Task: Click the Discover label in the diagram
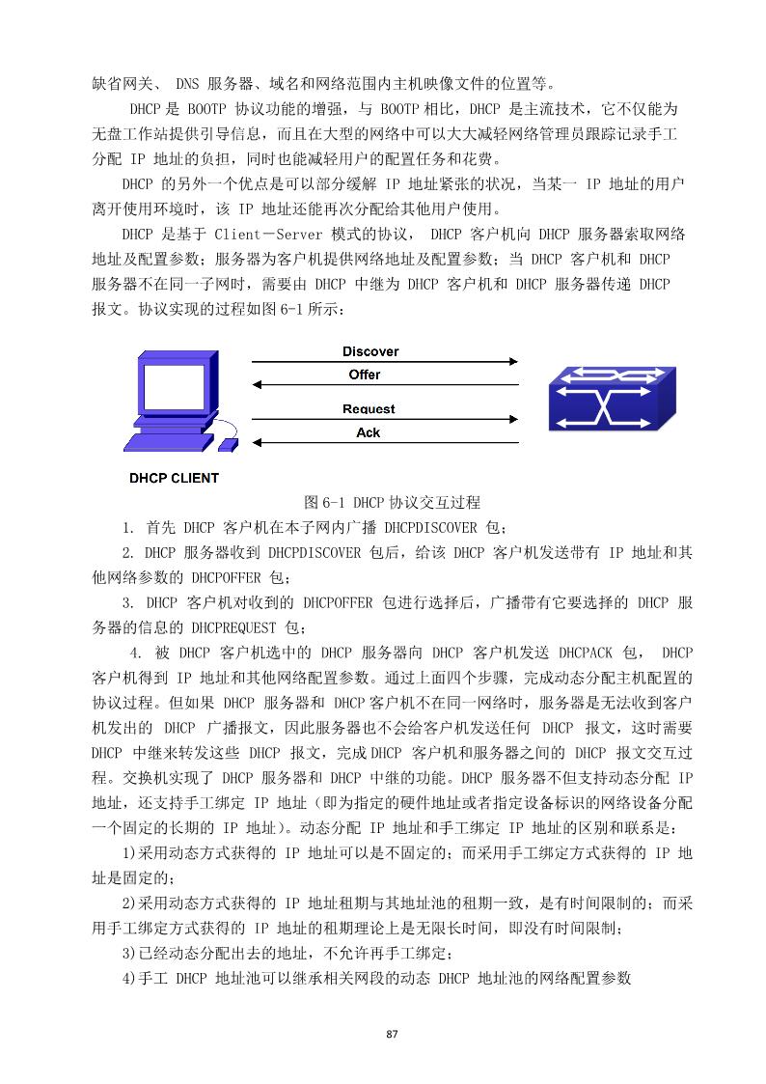369,351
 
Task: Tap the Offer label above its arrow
365,375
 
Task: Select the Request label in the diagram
369,409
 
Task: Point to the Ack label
369,432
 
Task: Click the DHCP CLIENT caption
175,478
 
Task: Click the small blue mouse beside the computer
229,444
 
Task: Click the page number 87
392,1036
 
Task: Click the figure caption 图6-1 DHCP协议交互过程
392,503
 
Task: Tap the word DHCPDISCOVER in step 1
429,528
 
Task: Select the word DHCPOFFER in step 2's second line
226,577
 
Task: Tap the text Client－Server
269,235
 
